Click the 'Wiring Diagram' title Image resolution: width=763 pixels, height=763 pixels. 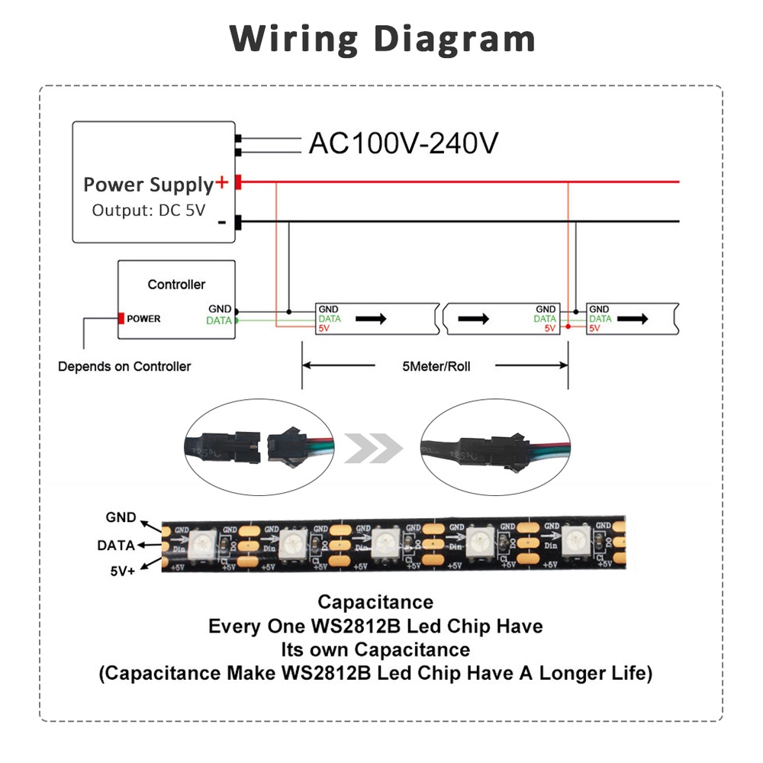(382, 38)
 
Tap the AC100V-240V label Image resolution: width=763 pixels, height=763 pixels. (404, 143)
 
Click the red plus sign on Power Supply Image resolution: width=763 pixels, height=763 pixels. (222, 182)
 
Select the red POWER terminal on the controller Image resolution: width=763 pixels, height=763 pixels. (121, 318)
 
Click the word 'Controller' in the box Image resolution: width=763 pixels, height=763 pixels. (176, 285)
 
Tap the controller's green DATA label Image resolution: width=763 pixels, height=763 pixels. (219, 321)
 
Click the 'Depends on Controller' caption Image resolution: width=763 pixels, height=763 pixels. (124, 366)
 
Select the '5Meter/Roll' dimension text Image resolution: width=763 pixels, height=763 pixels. (436, 366)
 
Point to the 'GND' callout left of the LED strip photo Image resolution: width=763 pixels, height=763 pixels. (121, 518)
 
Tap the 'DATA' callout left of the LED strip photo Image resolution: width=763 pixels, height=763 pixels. (116, 546)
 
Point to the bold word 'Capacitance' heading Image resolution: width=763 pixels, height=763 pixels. (375, 603)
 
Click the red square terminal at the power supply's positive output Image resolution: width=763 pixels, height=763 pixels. (238, 182)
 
